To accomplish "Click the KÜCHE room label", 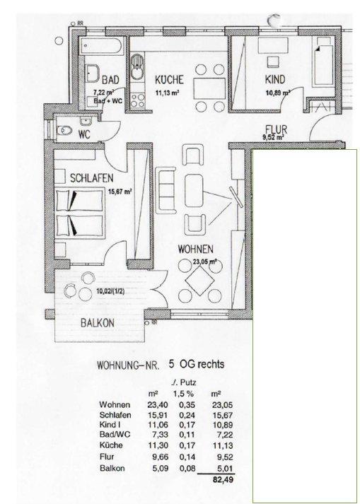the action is pos(169,80).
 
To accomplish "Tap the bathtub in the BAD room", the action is pos(101,47).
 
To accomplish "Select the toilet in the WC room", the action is pos(64,131).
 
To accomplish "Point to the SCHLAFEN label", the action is pos(92,177).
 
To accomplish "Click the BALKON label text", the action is pos(97,323).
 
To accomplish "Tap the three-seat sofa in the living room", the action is pos(166,190).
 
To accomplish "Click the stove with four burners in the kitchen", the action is pos(137,100).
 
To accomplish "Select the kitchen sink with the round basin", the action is pos(137,67).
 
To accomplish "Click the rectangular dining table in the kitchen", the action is pos(210,88).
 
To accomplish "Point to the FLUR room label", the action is pos(277,130).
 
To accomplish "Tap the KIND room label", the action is pos(275,79).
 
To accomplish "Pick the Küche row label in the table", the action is pos(111,445).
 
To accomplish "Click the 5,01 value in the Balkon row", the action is pos(225,469).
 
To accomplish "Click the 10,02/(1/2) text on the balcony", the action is pos(110,292).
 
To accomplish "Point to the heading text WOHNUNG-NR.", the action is pos(128,365).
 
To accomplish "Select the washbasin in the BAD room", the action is pos(93,74).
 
